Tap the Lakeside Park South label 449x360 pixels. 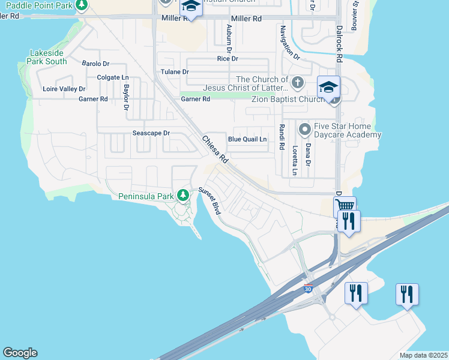point(48,57)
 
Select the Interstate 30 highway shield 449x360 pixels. point(309,289)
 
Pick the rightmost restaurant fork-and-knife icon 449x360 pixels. point(407,294)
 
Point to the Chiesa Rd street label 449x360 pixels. point(215,150)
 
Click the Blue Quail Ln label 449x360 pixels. point(247,139)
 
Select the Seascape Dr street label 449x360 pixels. point(151,133)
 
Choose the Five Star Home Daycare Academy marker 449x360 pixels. point(305,128)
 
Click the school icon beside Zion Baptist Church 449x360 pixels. point(328,88)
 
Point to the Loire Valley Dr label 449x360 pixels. point(64,89)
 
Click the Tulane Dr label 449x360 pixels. point(175,71)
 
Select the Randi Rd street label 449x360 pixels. point(281,137)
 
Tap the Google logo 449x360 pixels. point(20,353)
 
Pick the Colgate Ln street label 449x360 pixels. point(113,77)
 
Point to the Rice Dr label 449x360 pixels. point(228,58)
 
